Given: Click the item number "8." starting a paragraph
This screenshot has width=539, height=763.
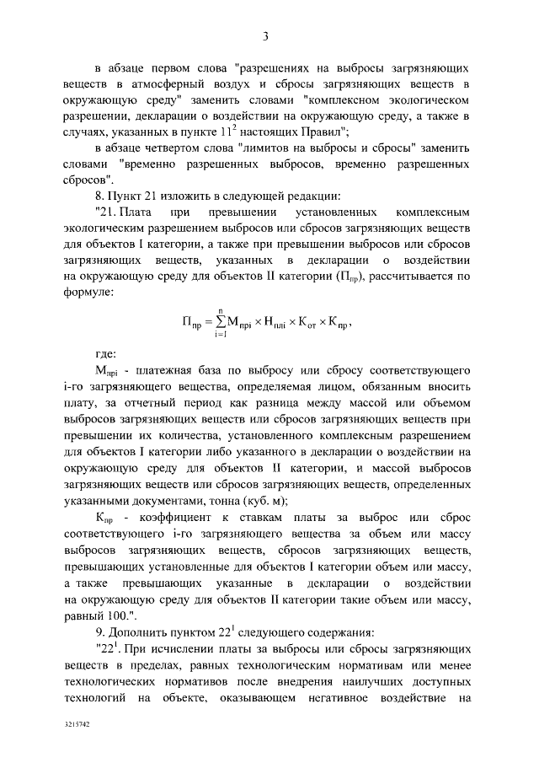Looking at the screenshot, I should (x=101, y=196).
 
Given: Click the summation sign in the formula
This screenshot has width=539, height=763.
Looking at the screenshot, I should (x=223, y=321).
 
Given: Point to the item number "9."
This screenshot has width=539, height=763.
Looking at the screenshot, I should (x=101, y=631).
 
